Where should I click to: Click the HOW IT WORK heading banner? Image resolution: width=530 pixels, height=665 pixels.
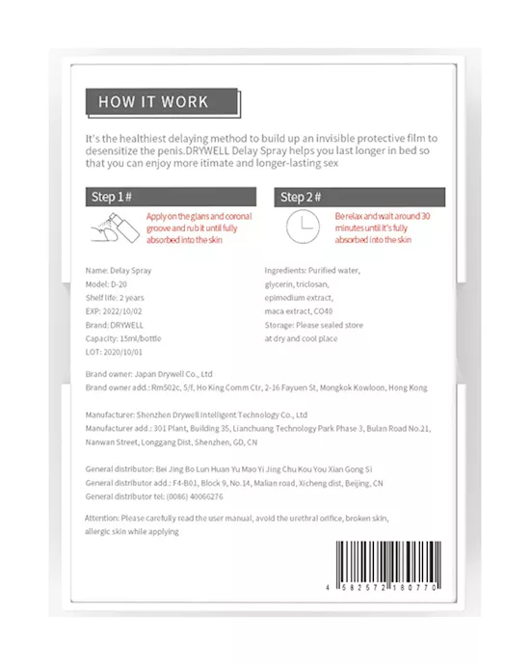coord(154,100)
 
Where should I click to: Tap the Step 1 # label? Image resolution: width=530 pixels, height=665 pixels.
coord(111,199)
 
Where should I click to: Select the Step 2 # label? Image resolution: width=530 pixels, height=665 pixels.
coord(301,199)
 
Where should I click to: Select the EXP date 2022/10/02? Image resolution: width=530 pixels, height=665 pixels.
coord(122,312)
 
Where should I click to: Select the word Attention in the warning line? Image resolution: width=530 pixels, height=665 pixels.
coord(105,519)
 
